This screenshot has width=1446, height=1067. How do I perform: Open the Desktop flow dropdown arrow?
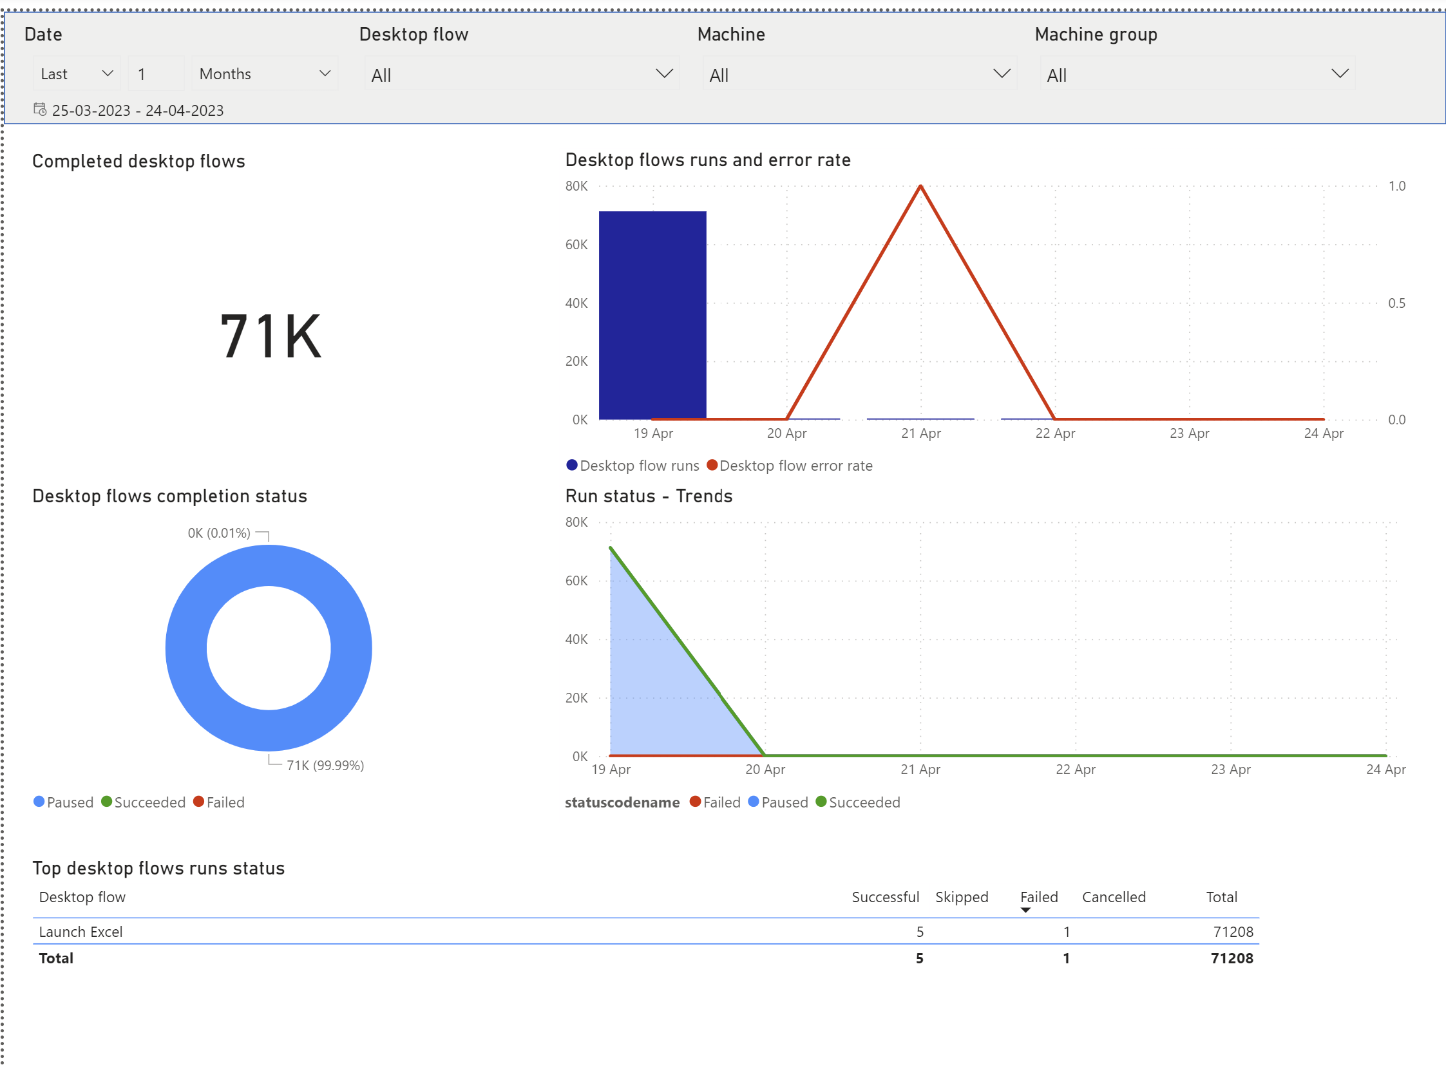click(663, 73)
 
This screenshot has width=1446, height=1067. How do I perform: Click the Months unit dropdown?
click(264, 73)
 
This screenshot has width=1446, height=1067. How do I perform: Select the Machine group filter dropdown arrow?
click(1339, 73)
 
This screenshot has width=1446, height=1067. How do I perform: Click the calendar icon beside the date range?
click(40, 109)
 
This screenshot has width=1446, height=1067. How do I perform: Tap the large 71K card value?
click(270, 336)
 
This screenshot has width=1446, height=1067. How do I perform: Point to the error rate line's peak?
click(920, 187)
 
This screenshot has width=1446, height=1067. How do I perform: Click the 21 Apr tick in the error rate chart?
click(920, 433)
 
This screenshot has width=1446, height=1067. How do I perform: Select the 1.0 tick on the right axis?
click(1396, 186)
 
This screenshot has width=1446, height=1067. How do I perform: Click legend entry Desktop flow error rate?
click(795, 466)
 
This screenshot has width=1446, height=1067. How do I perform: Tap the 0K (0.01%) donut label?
click(218, 533)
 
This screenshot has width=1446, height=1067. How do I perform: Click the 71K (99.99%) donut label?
click(325, 766)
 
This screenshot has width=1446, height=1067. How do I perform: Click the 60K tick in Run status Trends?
click(576, 581)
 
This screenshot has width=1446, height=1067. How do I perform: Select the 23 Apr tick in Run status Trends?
click(1230, 770)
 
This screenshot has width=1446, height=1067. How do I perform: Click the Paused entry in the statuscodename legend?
click(784, 802)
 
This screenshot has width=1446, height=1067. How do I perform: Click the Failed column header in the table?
click(1038, 897)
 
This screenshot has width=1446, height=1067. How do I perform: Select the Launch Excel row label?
click(81, 932)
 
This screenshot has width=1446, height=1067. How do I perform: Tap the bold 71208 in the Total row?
click(1231, 958)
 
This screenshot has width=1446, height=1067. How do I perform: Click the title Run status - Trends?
click(648, 496)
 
